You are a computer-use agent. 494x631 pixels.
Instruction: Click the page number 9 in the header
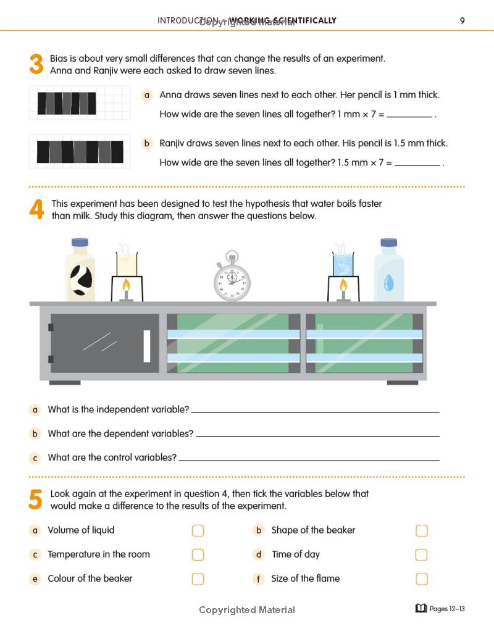(462, 20)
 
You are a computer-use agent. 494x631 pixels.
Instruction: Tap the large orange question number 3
(36, 65)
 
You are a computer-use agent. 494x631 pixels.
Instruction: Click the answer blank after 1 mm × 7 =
(409, 115)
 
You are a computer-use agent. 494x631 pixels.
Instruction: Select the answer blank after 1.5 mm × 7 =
(417, 163)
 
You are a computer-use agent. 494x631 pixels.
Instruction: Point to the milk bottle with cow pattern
(80, 272)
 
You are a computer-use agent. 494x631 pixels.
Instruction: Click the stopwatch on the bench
(232, 278)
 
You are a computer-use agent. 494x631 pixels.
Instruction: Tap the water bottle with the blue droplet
(388, 272)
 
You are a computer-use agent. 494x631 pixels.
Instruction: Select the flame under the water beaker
(343, 286)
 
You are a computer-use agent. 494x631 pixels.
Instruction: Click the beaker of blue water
(343, 264)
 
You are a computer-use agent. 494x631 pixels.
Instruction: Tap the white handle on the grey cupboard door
(147, 346)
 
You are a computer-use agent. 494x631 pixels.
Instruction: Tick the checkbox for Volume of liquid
(198, 531)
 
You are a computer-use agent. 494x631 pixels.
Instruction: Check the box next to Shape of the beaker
(421, 531)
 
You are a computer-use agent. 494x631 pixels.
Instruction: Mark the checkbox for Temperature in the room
(198, 555)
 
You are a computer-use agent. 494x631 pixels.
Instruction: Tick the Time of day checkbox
(421, 555)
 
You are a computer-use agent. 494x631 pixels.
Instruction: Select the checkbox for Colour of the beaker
(198, 579)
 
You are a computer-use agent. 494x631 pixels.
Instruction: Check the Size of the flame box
(421, 579)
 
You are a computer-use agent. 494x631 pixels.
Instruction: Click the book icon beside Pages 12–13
(421, 609)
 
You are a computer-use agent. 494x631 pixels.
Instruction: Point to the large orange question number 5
(36, 499)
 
